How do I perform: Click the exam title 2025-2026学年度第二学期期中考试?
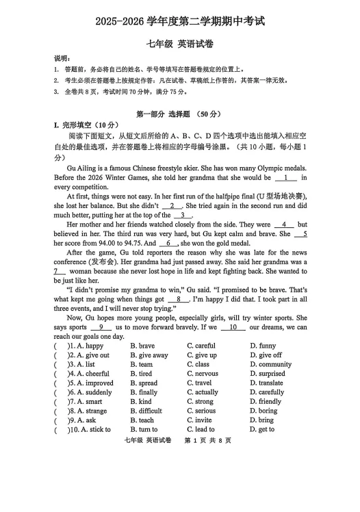pos(180,22)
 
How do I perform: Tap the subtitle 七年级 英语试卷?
pos(180,45)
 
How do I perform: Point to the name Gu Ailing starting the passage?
pos(85,168)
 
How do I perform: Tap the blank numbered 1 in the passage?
pos(285,178)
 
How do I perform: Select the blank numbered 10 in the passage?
pos(233,327)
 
